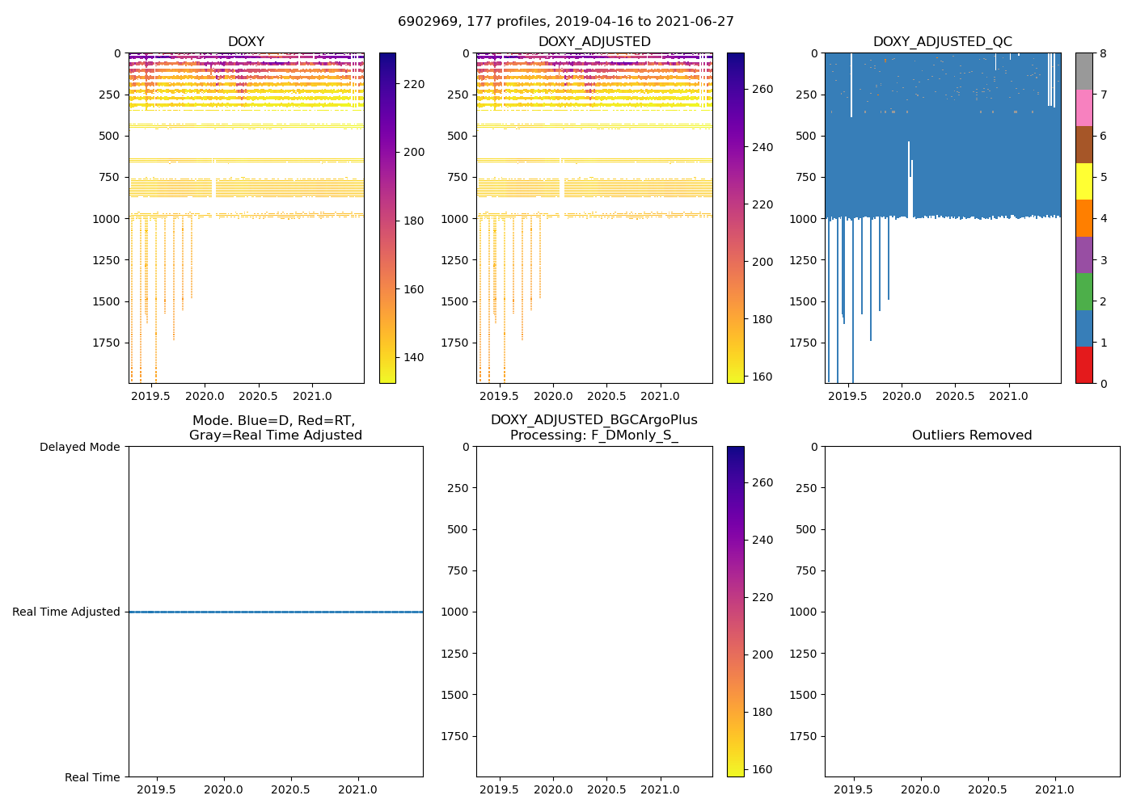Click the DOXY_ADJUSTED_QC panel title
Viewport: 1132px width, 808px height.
pos(942,42)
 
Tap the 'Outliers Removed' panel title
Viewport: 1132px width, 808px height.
pos(972,436)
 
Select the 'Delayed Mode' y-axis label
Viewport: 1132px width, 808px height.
pos(79,447)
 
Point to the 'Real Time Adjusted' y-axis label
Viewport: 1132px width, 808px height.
pos(66,612)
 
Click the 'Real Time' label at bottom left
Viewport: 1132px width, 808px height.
pos(92,777)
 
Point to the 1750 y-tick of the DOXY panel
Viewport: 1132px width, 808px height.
pos(107,343)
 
